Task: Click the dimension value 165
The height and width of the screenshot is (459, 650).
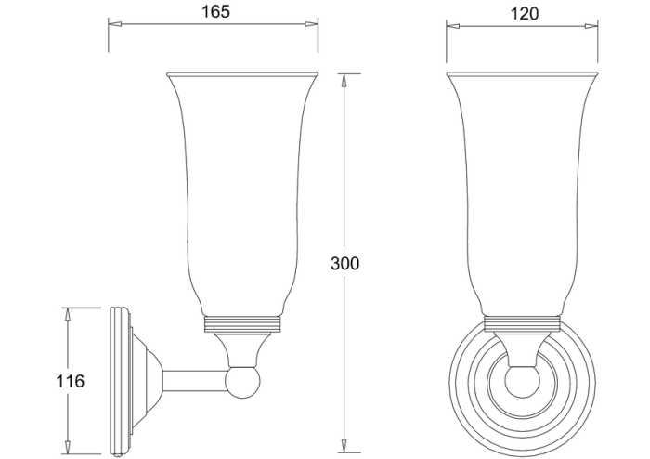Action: click(x=214, y=12)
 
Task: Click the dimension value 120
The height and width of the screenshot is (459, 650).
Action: click(x=524, y=14)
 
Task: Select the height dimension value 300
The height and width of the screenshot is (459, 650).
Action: click(x=344, y=263)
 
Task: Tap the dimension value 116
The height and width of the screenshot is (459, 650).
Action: click(x=70, y=381)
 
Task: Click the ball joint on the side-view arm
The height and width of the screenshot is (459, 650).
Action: click(x=243, y=381)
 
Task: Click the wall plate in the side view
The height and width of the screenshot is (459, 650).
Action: click(x=117, y=381)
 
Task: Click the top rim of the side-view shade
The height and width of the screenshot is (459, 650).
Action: click(x=242, y=74)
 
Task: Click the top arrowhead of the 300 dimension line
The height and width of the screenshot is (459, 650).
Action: click(x=345, y=78)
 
